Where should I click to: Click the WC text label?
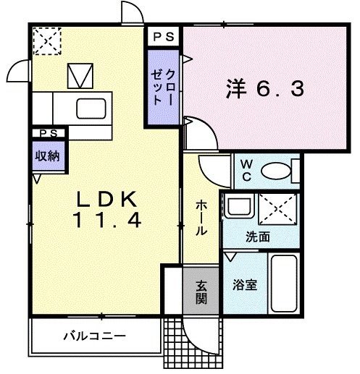[x=246, y=170]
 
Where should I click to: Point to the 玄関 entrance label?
[x=201, y=289]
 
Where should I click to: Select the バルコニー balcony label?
[x=93, y=336]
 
